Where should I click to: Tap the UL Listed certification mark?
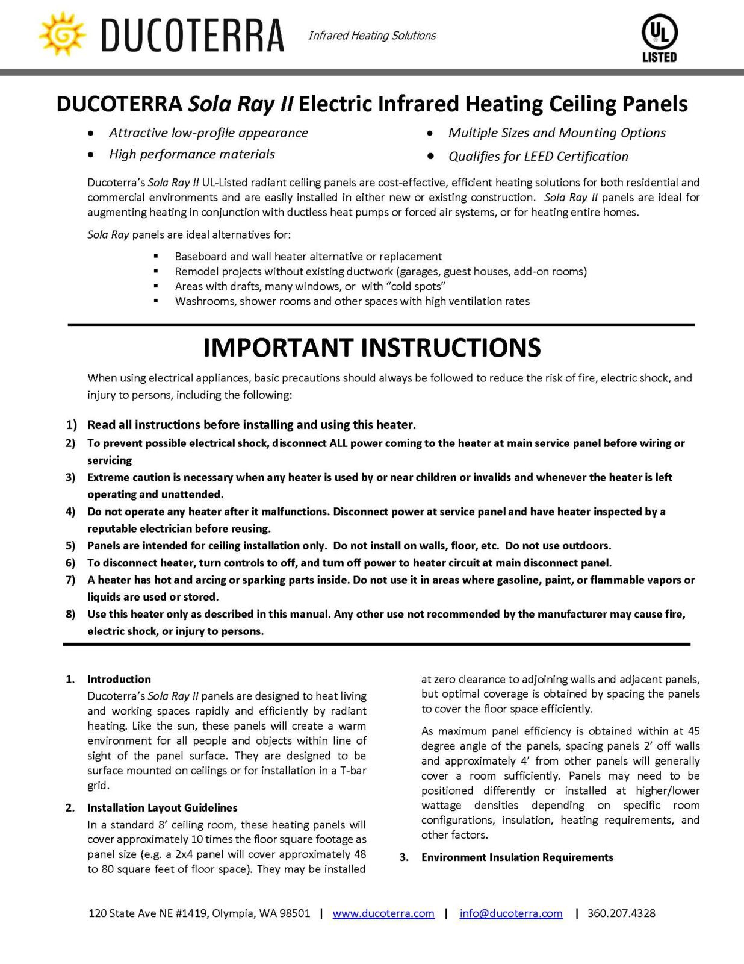[x=659, y=38]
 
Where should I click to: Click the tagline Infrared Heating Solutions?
[x=372, y=36]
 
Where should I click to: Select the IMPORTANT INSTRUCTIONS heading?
[x=372, y=348]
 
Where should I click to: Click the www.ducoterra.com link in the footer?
[x=383, y=913]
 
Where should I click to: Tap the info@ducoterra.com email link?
[x=511, y=913]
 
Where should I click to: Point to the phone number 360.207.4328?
[x=621, y=913]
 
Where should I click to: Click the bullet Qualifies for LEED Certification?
[x=538, y=157]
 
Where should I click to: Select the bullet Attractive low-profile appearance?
[x=208, y=133]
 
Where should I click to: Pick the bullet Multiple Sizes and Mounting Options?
[x=557, y=133]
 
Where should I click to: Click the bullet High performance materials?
[x=192, y=155]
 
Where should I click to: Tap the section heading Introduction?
[x=119, y=680]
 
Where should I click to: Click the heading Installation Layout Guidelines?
[x=163, y=808]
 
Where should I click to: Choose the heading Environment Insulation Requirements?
[x=517, y=857]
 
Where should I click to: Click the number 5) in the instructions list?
[x=71, y=546]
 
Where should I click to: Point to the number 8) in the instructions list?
[x=71, y=615]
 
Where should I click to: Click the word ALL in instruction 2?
[x=338, y=443]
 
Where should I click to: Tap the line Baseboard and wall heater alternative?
[x=308, y=257]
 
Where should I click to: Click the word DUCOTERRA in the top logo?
[x=193, y=36]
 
